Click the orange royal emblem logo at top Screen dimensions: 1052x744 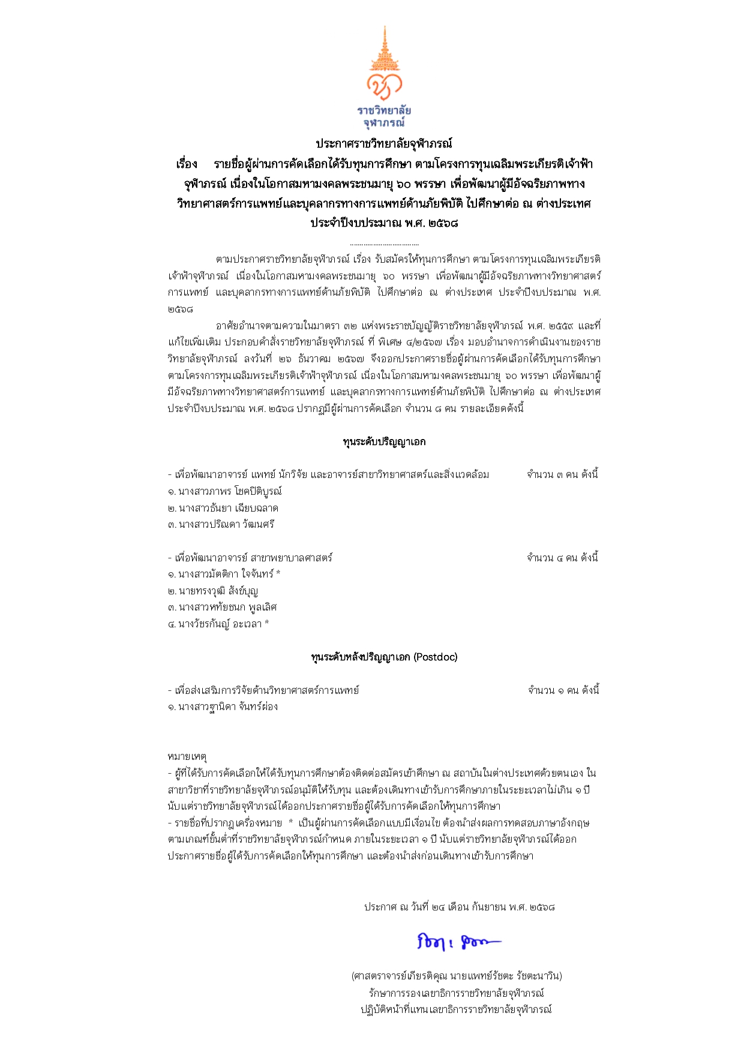pyautogui.click(x=384, y=66)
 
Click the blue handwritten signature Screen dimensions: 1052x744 pyautogui.click(x=457, y=942)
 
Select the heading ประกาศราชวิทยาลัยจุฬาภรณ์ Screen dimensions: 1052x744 pyautogui.click(x=384, y=144)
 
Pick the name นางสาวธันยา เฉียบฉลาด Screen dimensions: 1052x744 pyautogui.click(x=227, y=508)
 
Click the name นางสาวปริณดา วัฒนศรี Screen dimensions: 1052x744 pyautogui.click(x=226, y=524)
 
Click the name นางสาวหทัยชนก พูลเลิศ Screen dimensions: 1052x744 pyautogui.click(x=227, y=607)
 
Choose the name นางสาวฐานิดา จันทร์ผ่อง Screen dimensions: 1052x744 pyautogui.click(x=227, y=707)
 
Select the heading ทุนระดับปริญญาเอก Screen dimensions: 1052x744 pyautogui.click(x=384, y=442)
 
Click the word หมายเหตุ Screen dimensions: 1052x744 pyautogui.click(x=187, y=757)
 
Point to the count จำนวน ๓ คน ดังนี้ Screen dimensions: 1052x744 pyautogui.click(x=562, y=474)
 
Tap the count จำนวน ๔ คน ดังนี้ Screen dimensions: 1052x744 pyautogui.click(x=562, y=558)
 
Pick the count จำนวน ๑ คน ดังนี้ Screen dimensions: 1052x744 pyautogui.click(x=563, y=690)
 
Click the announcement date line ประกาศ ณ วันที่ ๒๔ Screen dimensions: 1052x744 pyautogui.click(x=459, y=907)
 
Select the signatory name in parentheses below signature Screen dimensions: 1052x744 pyautogui.click(x=457, y=976)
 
